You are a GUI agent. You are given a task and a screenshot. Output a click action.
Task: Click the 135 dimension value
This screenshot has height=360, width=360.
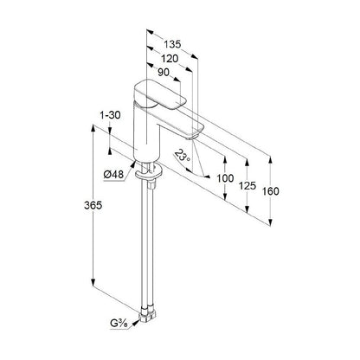pos(172,44)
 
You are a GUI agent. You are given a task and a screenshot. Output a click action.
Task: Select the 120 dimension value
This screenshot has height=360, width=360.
pos(170,59)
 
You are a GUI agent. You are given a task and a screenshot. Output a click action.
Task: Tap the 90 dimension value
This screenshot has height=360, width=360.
pos(164,73)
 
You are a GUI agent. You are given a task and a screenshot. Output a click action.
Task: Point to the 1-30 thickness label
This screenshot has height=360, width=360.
pos(110,115)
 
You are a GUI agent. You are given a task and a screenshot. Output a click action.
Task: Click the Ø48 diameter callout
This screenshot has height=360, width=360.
pos(113,175)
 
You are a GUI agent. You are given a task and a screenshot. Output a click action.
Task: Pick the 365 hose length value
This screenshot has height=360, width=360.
pos(93,205)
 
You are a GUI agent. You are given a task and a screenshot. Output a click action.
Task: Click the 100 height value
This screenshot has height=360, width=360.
pos(225,178)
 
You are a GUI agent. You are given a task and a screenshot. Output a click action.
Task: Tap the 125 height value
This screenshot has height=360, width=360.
pos(247,185)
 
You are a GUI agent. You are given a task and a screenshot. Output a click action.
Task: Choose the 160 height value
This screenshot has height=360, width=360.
pos(271,191)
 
